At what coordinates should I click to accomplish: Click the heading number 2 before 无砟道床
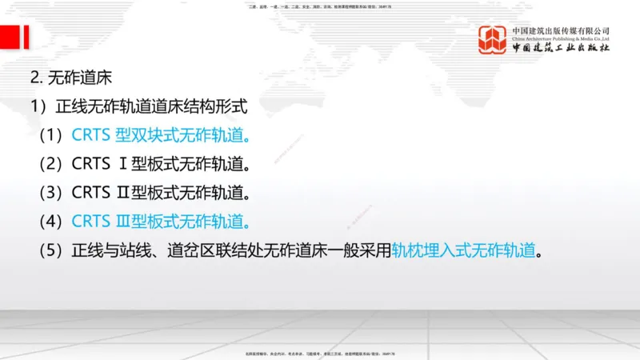tap(34, 78)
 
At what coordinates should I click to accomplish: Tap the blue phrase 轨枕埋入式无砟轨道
tap(463, 250)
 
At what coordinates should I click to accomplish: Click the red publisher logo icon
tap(493, 39)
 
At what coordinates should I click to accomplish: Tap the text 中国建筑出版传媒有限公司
tap(561, 30)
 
